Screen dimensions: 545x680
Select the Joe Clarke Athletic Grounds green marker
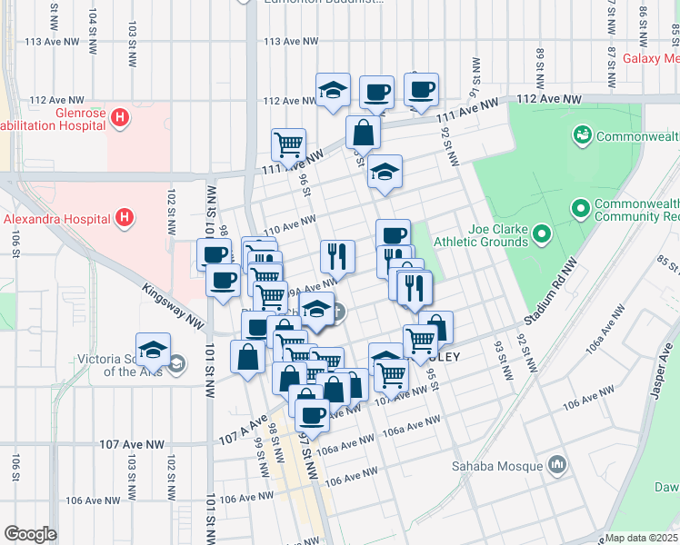pyautogui.click(x=543, y=236)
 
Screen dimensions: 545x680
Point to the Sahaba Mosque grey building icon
pyautogui.click(x=556, y=467)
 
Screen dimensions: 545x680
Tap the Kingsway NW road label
pyautogui.click(x=173, y=304)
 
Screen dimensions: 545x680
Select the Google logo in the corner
pyautogui.click(x=30, y=534)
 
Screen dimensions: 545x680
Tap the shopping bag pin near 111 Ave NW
pyautogui.click(x=363, y=133)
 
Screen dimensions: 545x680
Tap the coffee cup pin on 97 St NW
pyautogui.click(x=313, y=416)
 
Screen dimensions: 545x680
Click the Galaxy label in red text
pyautogui.click(x=651, y=58)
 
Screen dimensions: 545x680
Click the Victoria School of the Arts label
pyautogui.click(x=133, y=364)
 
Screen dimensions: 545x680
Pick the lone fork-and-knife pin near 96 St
pyautogui.click(x=337, y=257)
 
